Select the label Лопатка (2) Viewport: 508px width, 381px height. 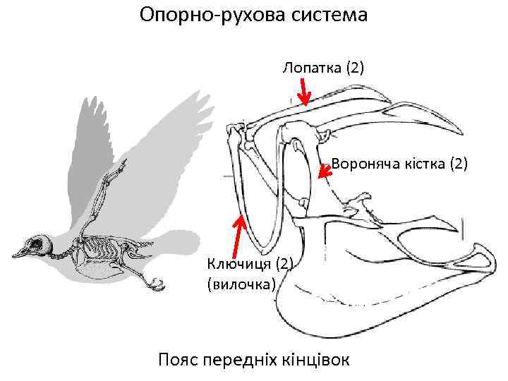[323, 68]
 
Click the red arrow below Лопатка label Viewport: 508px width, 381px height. [303, 91]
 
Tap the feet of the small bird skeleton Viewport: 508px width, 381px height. [154, 283]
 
